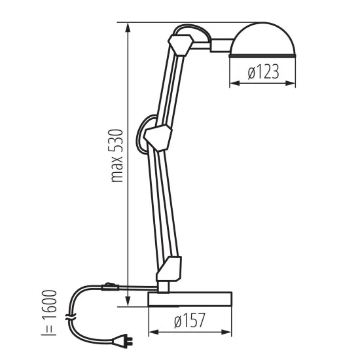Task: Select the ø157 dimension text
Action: pyautogui.click(x=190, y=321)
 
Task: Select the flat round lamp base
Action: pyautogui.click(x=190, y=299)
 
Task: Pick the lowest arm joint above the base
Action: pyautogui.click(x=168, y=268)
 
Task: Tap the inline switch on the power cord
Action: pyautogui.click(x=109, y=285)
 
